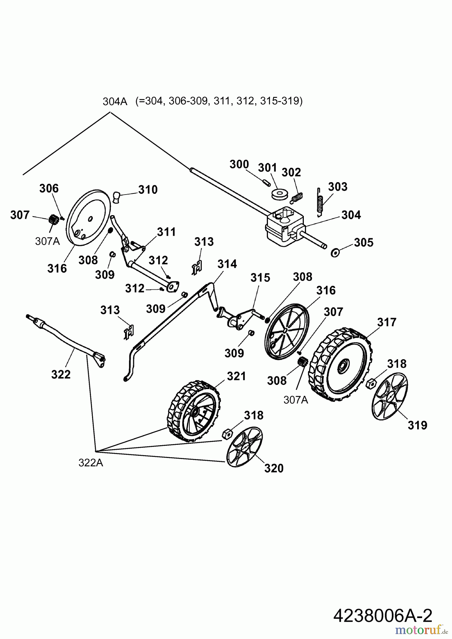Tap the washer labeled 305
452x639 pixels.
[335, 253]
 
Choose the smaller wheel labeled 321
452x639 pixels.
[193, 411]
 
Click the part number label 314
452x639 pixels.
[227, 264]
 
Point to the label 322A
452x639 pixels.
[91, 463]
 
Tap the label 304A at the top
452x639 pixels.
[115, 102]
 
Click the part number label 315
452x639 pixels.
[260, 278]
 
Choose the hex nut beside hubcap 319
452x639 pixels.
[371, 383]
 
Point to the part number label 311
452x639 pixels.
[166, 232]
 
